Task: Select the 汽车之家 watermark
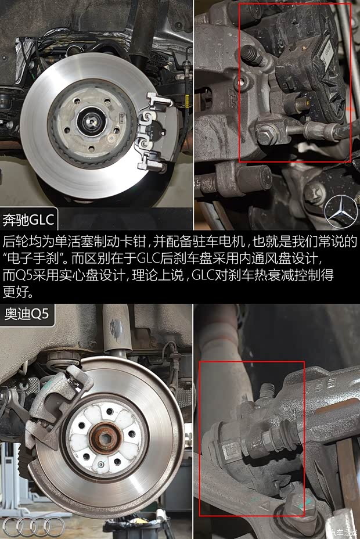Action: (345, 531)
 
